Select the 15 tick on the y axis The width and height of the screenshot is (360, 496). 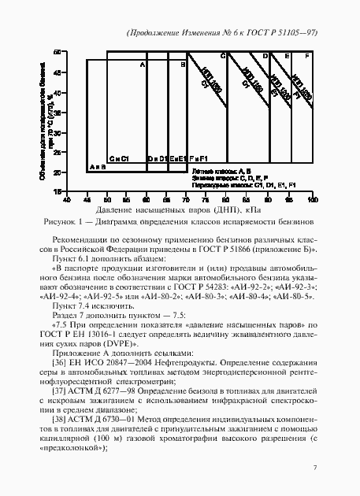click(58, 191)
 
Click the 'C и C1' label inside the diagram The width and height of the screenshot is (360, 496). click(119, 158)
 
